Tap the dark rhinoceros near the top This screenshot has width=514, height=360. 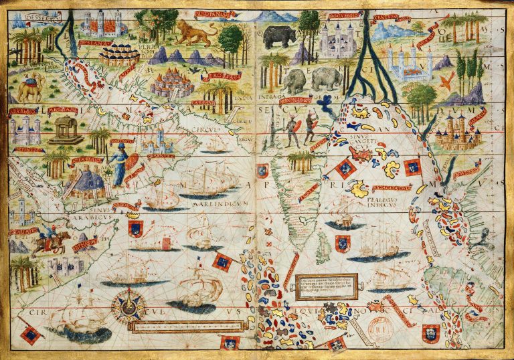(278, 36)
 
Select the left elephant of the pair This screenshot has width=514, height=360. (294, 81)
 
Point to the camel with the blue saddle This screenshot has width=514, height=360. (31, 88)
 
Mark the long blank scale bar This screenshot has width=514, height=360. (186, 326)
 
